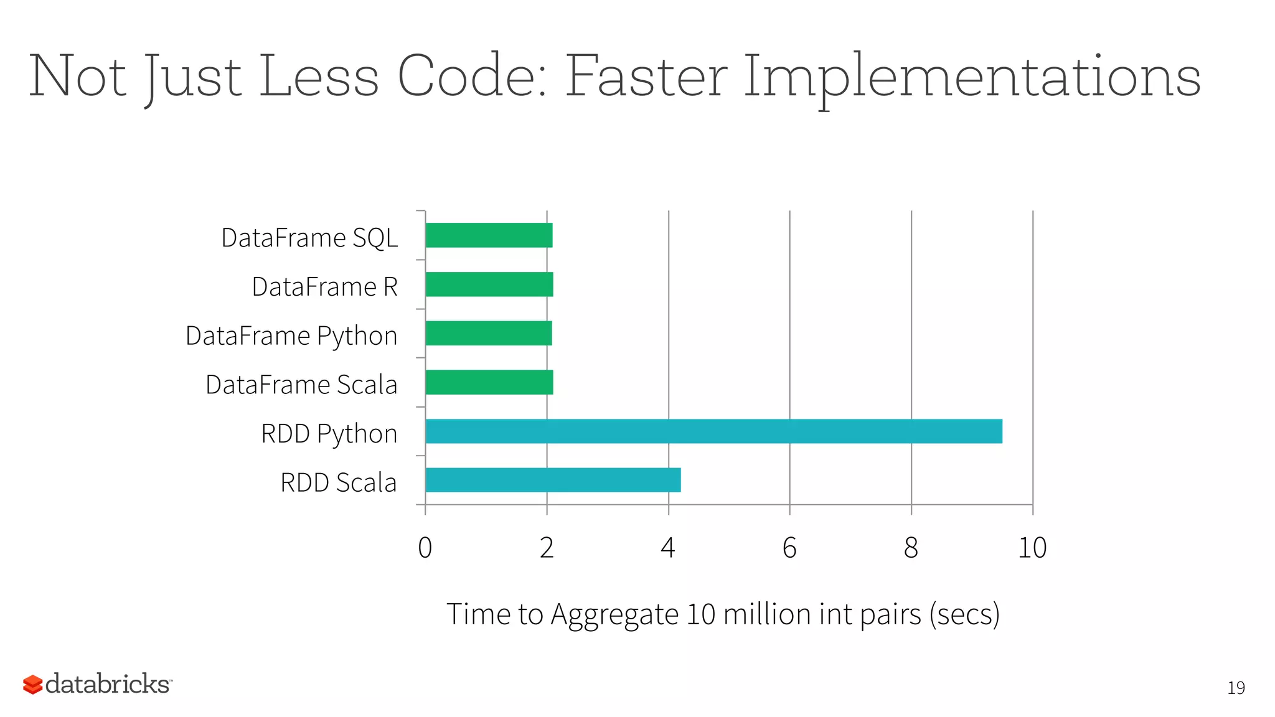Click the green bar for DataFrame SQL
(x=489, y=235)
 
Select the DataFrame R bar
(x=489, y=284)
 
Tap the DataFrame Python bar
(x=489, y=333)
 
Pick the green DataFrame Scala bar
(x=489, y=382)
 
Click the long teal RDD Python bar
(x=713, y=431)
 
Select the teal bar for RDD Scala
(x=553, y=480)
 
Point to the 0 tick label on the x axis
(x=425, y=548)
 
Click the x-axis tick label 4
(x=668, y=548)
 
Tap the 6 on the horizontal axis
(x=789, y=548)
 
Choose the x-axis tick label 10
(x=1032, y=548)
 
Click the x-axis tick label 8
(x=911, y=548)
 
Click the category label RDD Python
(x=329, y=434)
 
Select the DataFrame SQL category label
(x=309, y=238)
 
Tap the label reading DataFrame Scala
(x=301, y=385)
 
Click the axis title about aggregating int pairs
(x=723, y=614)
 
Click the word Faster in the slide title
(x=646, y=77)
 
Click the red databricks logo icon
(x=32, y=685)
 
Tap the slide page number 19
(x=1236, y=688)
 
